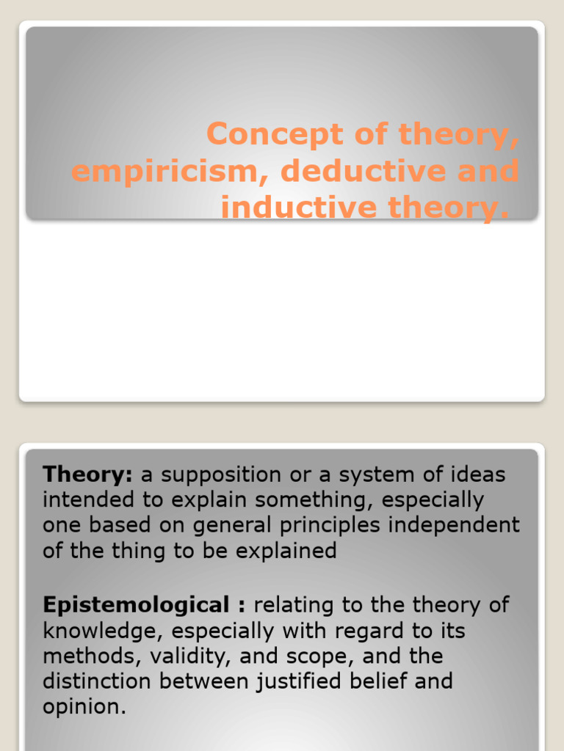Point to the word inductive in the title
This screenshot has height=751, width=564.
pyautogui.click(x=287, y=208)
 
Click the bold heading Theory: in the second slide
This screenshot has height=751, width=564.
pyautogui.click(x=87, y=475)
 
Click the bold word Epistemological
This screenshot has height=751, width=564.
pyautogui.click(x=136, y=605)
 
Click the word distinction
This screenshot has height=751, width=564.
pyautogui.click(x=98, y=681)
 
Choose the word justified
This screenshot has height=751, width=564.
pyautogui.click(x=311, y=681)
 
